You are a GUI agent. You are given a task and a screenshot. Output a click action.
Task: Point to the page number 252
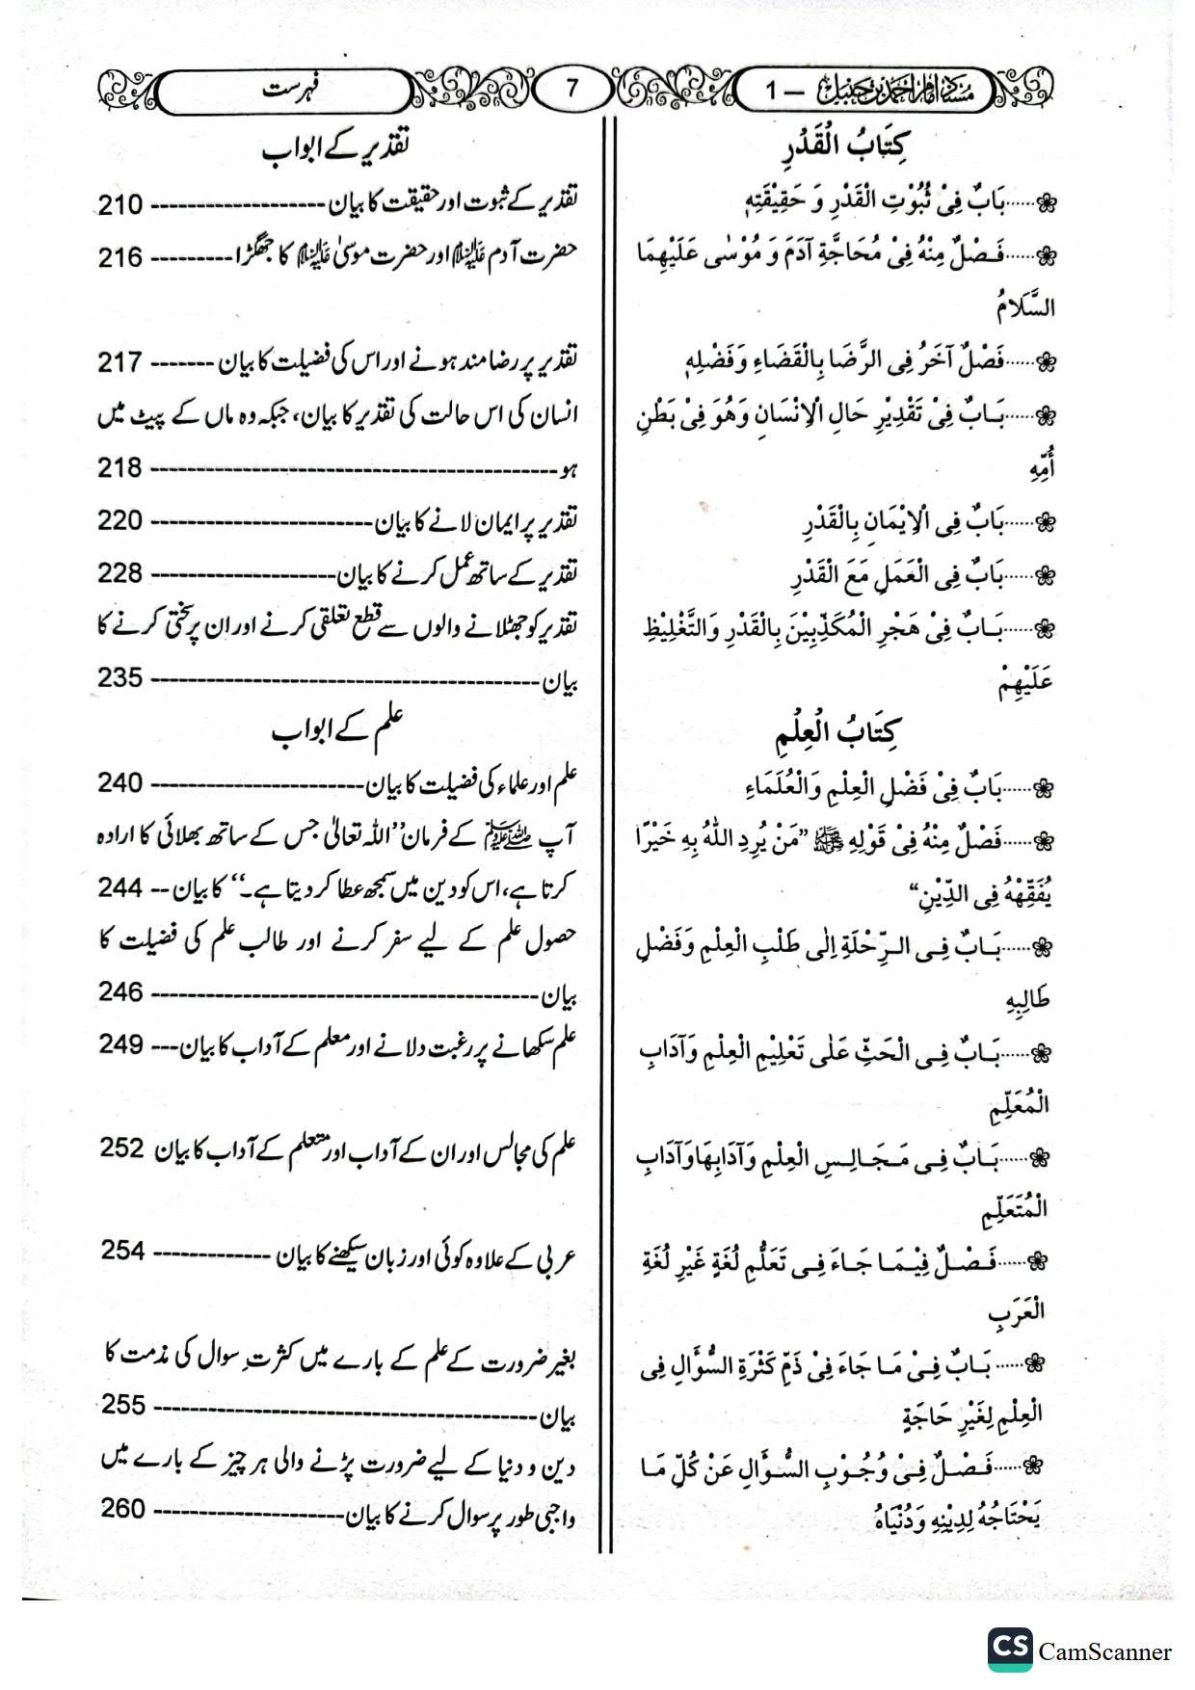[x=121, y=1149]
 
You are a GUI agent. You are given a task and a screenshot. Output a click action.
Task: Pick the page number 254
[x=123, y=1251]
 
